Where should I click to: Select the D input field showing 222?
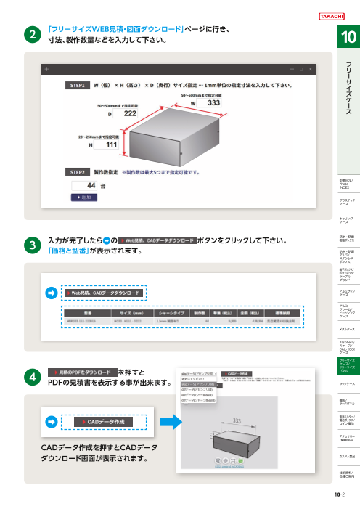[x=130, y=114]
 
